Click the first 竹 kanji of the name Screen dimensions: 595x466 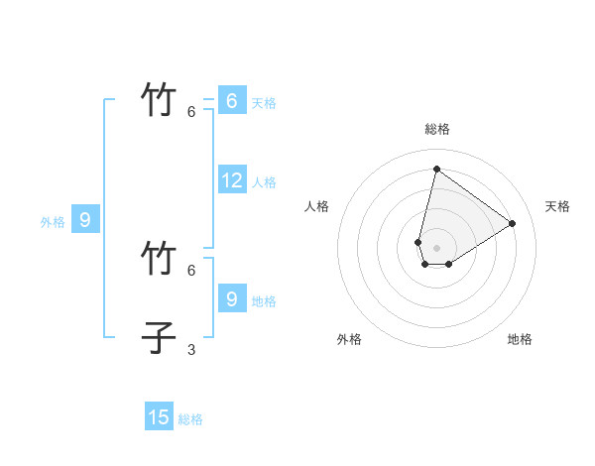click(160, 101)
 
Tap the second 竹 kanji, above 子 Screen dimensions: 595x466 click(160, 259)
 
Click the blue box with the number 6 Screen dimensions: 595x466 click(231, 100)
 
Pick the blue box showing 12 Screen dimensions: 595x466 click(231, 180)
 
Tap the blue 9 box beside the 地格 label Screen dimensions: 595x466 click(231, 298)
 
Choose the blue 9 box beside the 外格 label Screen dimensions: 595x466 click(84, 220)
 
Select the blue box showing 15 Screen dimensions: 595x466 click(159, 417)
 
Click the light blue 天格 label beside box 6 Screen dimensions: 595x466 click(264, 103)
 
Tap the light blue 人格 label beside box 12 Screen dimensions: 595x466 click(264, 182)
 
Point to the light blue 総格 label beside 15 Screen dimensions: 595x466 click(190, 419)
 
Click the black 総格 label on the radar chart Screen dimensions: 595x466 click(437, 129)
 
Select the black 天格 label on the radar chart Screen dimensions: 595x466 click(558, 206)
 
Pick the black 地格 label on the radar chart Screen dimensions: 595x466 click(520, 339)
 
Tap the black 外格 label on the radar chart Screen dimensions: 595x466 click(349, 339)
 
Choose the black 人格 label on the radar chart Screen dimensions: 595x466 click(317, 206)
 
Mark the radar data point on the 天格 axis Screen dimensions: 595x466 click(512, 223)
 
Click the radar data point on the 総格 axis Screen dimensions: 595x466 click(436, 169)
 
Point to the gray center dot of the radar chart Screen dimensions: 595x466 click(436, 248)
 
